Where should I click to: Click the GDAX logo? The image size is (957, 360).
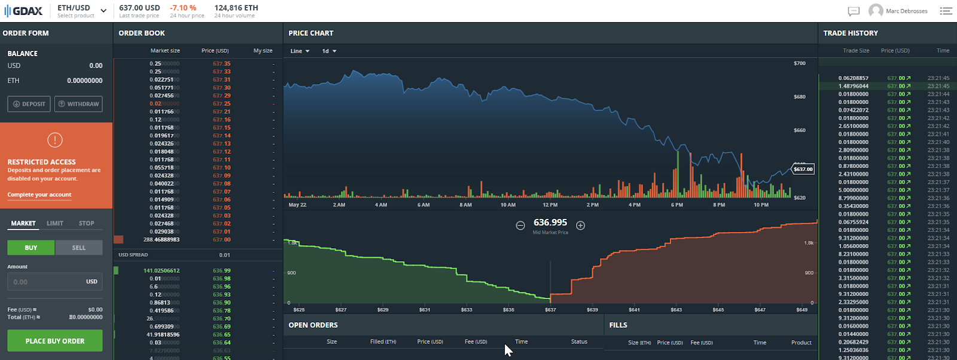click(x=23, y=11)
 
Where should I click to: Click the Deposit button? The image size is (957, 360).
click(x=29, y=104)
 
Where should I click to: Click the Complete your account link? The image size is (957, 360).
click(x=39, y=194)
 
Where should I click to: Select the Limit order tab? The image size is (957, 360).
click(x=55, y=223)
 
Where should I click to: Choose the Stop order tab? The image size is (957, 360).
click(x=87, y=223)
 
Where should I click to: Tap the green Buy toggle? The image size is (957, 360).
click(x=31, y=248)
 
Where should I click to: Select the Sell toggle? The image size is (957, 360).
click(x=79, y=248)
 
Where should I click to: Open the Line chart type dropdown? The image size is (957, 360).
click(x=300, y=51)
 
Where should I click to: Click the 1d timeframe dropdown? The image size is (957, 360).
click(x=329, y=51)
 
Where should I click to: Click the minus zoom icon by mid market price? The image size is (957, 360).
click(x=520, y=225)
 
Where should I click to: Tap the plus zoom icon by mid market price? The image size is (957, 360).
click(x=580, y=225)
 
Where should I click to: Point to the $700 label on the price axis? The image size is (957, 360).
click(x=800, y=63)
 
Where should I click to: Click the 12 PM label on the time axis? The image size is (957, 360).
click(x=550, y=205)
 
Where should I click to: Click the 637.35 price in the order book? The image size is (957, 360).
click(x=221, y=63)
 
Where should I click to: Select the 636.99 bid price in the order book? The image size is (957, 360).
click(x=221, y=270)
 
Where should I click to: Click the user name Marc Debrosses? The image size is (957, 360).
click(x=906, y=11)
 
